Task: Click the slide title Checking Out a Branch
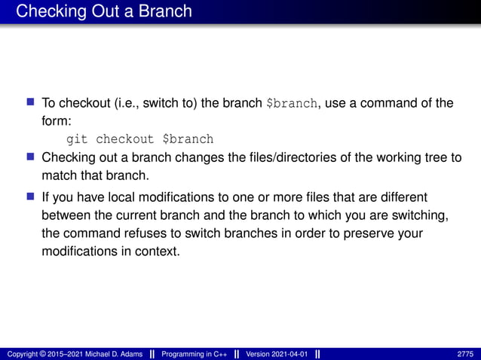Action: tap(104, 11)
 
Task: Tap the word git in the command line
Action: tap(78, 139)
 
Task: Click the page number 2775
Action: tap(465, 354)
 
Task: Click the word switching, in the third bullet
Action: tap(424, 215)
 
